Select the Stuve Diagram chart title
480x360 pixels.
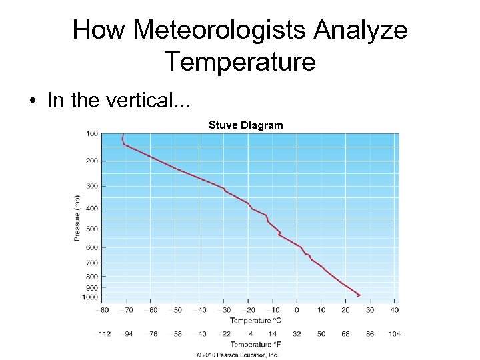pos(245,125)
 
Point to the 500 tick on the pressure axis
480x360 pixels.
pos(91,229)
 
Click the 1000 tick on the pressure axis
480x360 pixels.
pos(91,297)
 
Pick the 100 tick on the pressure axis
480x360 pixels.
pos(91,134)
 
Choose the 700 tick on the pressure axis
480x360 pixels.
pos(91,263)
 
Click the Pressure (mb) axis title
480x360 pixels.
pos(77,218)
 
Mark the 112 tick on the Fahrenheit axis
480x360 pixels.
pos(105,333)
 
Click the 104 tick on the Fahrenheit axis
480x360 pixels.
pos(394,333)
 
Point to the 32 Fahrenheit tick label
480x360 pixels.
pos(297,333)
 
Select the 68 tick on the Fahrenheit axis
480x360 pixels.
pos(345,333)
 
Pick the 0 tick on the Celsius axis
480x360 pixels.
pos(297,309)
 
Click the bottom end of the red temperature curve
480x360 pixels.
pos(360,295)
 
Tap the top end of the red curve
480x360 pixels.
pos(123,134)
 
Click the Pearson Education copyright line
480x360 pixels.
pos(237,355)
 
